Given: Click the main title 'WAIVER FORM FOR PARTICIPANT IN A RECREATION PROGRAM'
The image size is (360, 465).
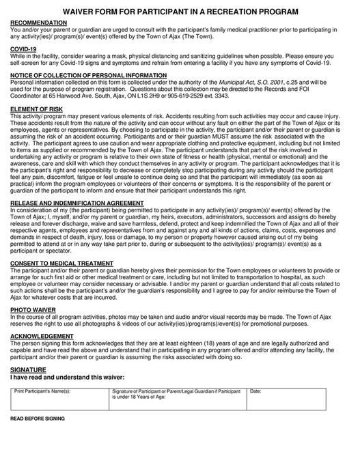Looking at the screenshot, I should tap(180, 12).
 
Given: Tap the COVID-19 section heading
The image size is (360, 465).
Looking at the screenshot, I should tap(24, 49).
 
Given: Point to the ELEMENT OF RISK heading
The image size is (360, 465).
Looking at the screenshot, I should tap(38, 110).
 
